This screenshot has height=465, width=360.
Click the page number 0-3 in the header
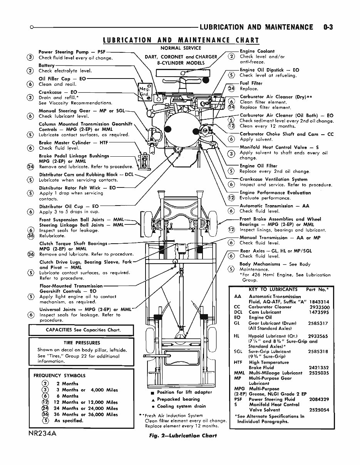click(x=328, y=27)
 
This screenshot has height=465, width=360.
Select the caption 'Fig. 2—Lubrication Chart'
click(x=188, y=435)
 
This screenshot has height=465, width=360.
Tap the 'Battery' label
click(x=47, y=65)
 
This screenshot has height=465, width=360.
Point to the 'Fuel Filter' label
click(x=251, y=83)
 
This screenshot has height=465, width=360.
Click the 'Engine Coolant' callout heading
click(x=257, y=51)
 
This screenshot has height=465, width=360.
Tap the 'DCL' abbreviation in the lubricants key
click(x=238, y=312)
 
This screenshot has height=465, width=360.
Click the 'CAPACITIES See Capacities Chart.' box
click(x=81, y=330)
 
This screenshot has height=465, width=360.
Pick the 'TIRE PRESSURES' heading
click(x=82, y=343)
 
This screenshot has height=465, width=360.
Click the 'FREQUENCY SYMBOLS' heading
click(x=59, y=375)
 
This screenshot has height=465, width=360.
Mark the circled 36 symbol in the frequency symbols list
click(x=45, y=415)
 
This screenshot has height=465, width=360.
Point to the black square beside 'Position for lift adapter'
click(x=153, y=393)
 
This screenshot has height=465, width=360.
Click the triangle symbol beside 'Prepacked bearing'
click(x=153, y=400)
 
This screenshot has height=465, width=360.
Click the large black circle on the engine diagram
click(x=177, y=127)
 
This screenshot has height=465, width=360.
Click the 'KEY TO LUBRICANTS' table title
click(x=273, y=289)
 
